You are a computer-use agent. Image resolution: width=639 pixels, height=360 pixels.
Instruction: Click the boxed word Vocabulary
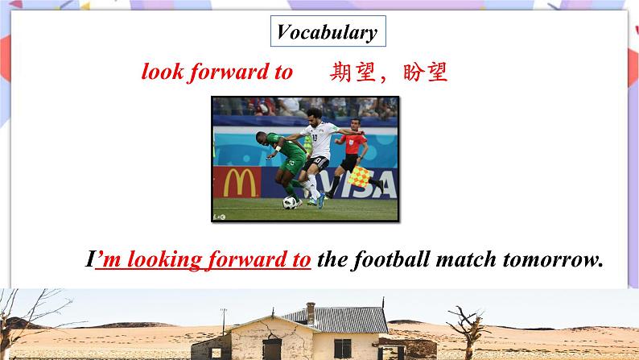327,32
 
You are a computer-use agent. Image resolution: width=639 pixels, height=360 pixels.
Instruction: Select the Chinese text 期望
349,72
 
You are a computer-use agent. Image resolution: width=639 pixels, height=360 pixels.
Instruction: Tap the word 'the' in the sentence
332,260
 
